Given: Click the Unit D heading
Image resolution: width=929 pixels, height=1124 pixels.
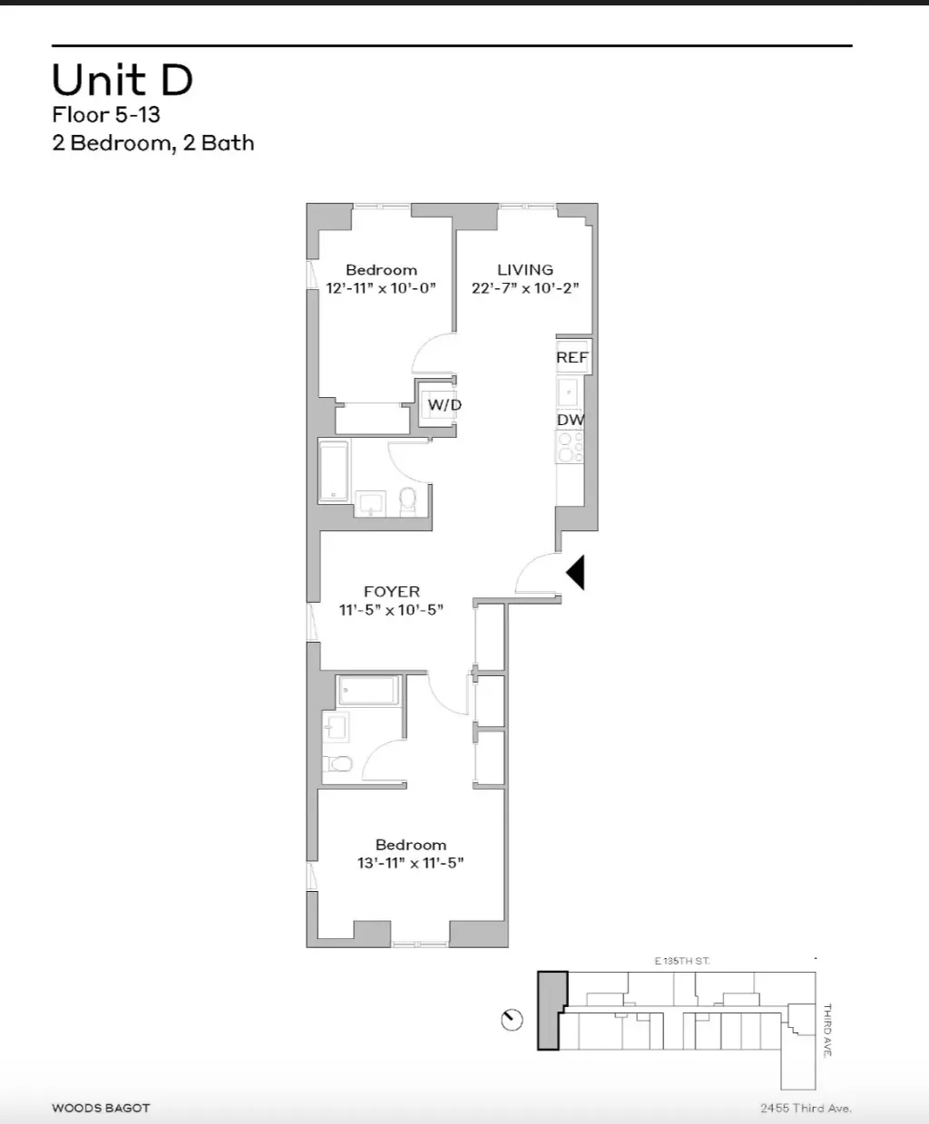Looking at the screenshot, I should [x=122, y=80].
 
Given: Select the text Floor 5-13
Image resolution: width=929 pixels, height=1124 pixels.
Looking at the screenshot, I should [x=106, y=115].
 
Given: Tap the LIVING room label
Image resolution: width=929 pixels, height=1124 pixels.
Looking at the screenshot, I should [x=524, y=269].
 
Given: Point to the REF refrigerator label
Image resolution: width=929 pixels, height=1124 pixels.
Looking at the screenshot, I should [x=572, y=357].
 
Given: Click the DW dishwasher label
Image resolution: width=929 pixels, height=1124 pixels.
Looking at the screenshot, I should [x=570, y=420].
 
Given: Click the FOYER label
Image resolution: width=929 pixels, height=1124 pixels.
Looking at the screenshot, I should [x=391, y=591].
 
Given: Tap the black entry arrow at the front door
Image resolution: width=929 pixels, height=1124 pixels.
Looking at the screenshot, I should [x=575, y=572].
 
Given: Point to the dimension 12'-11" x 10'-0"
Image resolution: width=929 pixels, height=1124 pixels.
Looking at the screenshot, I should [x=381, y=288].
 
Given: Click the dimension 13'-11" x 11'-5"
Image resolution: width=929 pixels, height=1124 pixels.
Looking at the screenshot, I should [x=410, y=863].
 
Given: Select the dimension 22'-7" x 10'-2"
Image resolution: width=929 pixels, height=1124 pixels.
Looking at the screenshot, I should [x=524, y=288].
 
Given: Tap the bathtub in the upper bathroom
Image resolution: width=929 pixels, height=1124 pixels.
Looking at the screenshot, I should [x=333, y=470].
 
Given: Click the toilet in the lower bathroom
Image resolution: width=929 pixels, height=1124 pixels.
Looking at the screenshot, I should [x=339, y=764].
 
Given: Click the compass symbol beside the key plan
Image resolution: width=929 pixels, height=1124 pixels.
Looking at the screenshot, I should [x=512, y=1020].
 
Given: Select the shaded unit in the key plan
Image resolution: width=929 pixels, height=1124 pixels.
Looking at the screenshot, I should [x=550, y=1011].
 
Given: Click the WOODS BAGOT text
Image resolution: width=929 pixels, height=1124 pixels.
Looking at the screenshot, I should [x=101, y=1108].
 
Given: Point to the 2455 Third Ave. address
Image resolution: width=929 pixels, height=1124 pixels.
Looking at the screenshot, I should [x=806, y=1108].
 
